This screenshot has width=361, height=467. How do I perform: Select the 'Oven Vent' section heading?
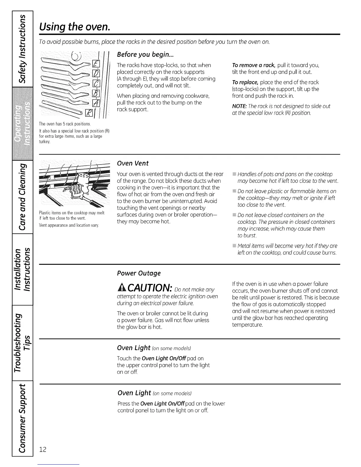(x=133, y=163)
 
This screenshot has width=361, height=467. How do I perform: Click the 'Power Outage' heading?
(x=139, y=273)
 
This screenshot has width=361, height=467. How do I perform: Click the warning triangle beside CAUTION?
(x=122, y=287)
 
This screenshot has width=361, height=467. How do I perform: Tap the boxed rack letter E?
(x=96, y=63)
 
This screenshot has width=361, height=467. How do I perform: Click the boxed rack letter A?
(x=96, y=103)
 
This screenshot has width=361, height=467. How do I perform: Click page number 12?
(x=43, y=449)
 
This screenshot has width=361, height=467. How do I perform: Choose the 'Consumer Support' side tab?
(x=22, y=418)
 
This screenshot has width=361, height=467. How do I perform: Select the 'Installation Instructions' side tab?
(x=22, y=269)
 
